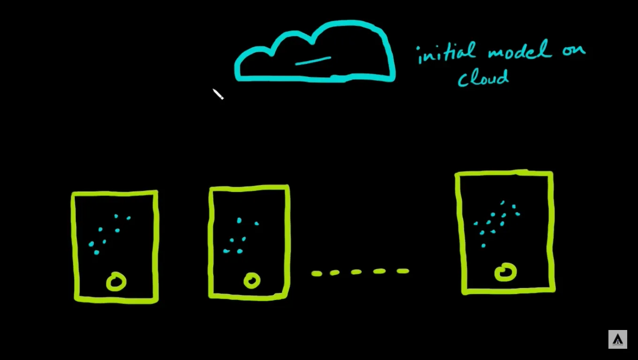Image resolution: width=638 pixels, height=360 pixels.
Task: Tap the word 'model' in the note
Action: (x=520, y=50)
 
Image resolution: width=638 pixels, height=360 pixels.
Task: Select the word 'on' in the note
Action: (x=574, y=50)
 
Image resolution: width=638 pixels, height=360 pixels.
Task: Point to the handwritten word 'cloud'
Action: (x=483, y=77)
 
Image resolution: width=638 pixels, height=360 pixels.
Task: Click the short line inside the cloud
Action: (x=313, y=61)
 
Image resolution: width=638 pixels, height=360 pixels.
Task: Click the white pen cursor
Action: (x=218, y=94)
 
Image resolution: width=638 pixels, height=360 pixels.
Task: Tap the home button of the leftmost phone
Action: (x=116, y=281)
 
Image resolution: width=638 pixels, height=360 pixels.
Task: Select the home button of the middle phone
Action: (x=252, y=281)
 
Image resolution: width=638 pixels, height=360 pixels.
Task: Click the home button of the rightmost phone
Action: (x=506, y=272)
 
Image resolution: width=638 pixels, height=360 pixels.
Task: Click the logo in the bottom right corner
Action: (x=617, y=339)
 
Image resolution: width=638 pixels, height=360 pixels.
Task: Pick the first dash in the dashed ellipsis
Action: (x=317, y=273)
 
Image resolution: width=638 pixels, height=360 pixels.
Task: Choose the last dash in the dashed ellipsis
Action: (x=403, y=271)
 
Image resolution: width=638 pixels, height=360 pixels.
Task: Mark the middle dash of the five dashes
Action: (x=356, y=272)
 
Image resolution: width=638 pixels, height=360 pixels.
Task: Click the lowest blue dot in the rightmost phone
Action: (x=483, y=245)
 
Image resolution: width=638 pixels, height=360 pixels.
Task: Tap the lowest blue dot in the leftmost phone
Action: (x=96, y=252)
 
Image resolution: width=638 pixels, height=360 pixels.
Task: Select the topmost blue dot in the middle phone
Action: (x=239, y=220)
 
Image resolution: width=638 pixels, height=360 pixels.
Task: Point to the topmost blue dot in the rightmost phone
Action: (x=503, y=202)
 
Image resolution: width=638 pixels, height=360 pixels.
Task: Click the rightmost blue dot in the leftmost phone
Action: (x=129, y=218)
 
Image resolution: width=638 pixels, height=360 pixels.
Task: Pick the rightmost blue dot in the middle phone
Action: (x=257, y=224)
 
